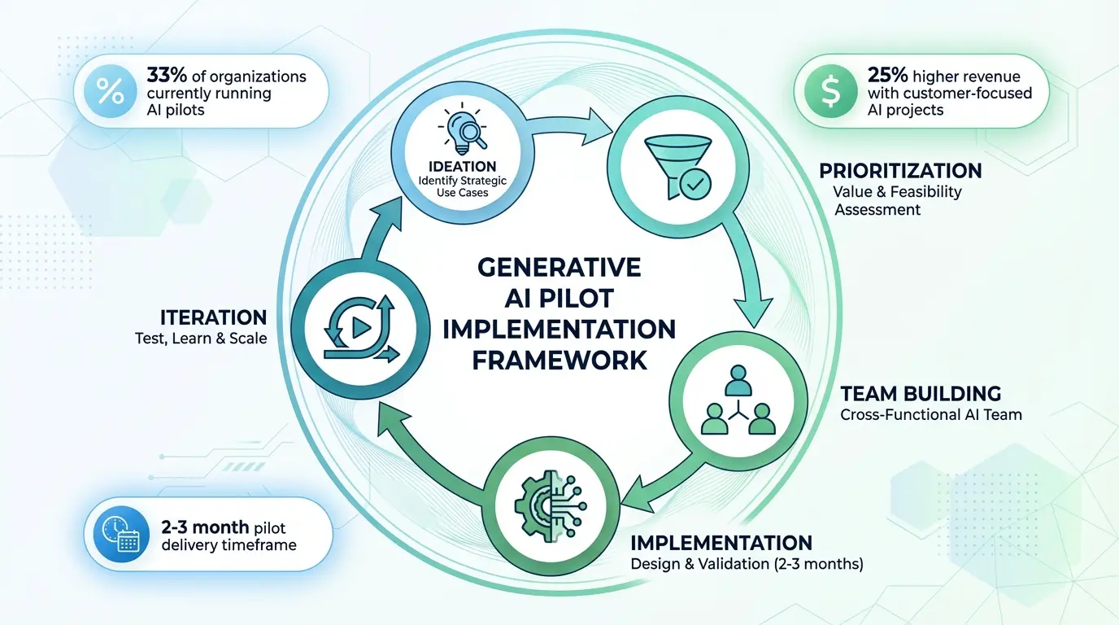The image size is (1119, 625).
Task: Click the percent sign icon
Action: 110,91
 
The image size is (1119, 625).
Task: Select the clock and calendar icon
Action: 120,534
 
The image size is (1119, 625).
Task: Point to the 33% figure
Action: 167,76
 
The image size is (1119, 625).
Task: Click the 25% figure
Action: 887,76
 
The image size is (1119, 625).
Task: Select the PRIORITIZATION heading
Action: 899,172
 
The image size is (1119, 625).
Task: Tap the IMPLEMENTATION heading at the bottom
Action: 721,542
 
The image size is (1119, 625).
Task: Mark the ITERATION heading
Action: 213,317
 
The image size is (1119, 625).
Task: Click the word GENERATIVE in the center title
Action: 559,268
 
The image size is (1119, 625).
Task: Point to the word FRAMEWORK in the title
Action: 559,360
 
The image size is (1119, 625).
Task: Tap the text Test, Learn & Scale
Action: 200,339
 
